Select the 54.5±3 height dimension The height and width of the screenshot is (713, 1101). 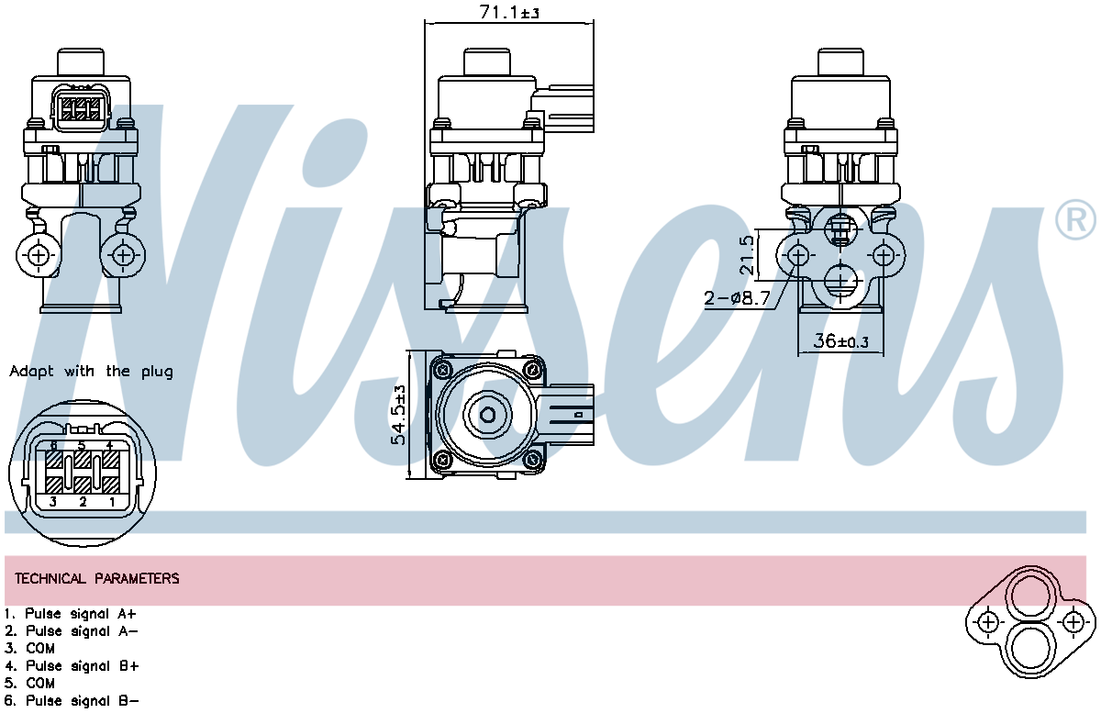pyautogui.click(x=399, y=415)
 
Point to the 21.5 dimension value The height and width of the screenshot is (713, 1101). pyautogui.click(x=748, y=254)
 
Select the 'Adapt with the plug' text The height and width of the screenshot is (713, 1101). pyautogui.click(x=91, y=372)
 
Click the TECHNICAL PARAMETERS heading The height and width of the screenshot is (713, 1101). pyautogui.click(x=97, y=579)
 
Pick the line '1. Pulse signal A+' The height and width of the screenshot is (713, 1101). pyautogui.click(x=71, y=613)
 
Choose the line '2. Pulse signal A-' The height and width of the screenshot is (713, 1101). pyautogui.click(x=71, y=630)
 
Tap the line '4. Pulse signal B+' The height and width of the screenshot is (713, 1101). pyautogui.click(x=71, y=665)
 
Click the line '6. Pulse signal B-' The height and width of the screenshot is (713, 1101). pyautogui.click(x=71, y=700)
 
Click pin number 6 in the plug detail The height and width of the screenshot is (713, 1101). pyautogui.click(x=54, y=446)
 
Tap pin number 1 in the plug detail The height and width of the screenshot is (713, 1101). pyautogui.click(x=112, y=502)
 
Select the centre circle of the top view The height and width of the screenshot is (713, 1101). pyautogui.click(x=487, y=416)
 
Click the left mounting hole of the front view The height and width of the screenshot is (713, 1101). pyautogui.click(x=39, y=255)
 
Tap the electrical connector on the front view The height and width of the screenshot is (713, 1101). pyautogui.click(x=81, y=108)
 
